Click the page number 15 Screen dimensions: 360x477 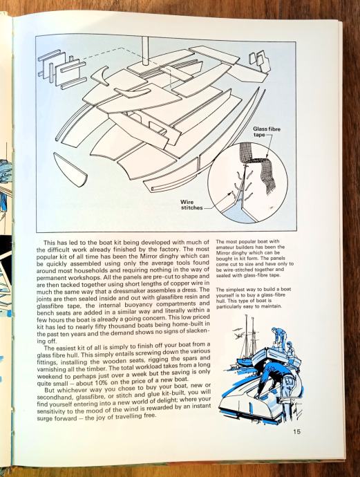(x=296, y=431)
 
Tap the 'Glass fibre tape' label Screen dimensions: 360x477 (x=267, y=132)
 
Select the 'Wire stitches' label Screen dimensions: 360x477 (x=191, y=205)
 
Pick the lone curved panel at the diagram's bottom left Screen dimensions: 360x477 (x=70, y=169)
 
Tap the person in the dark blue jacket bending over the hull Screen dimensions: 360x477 (x=270, y=377)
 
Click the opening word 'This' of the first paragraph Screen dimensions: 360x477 (x=50, y=243)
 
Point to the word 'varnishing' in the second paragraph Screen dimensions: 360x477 (x=50, y=369)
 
